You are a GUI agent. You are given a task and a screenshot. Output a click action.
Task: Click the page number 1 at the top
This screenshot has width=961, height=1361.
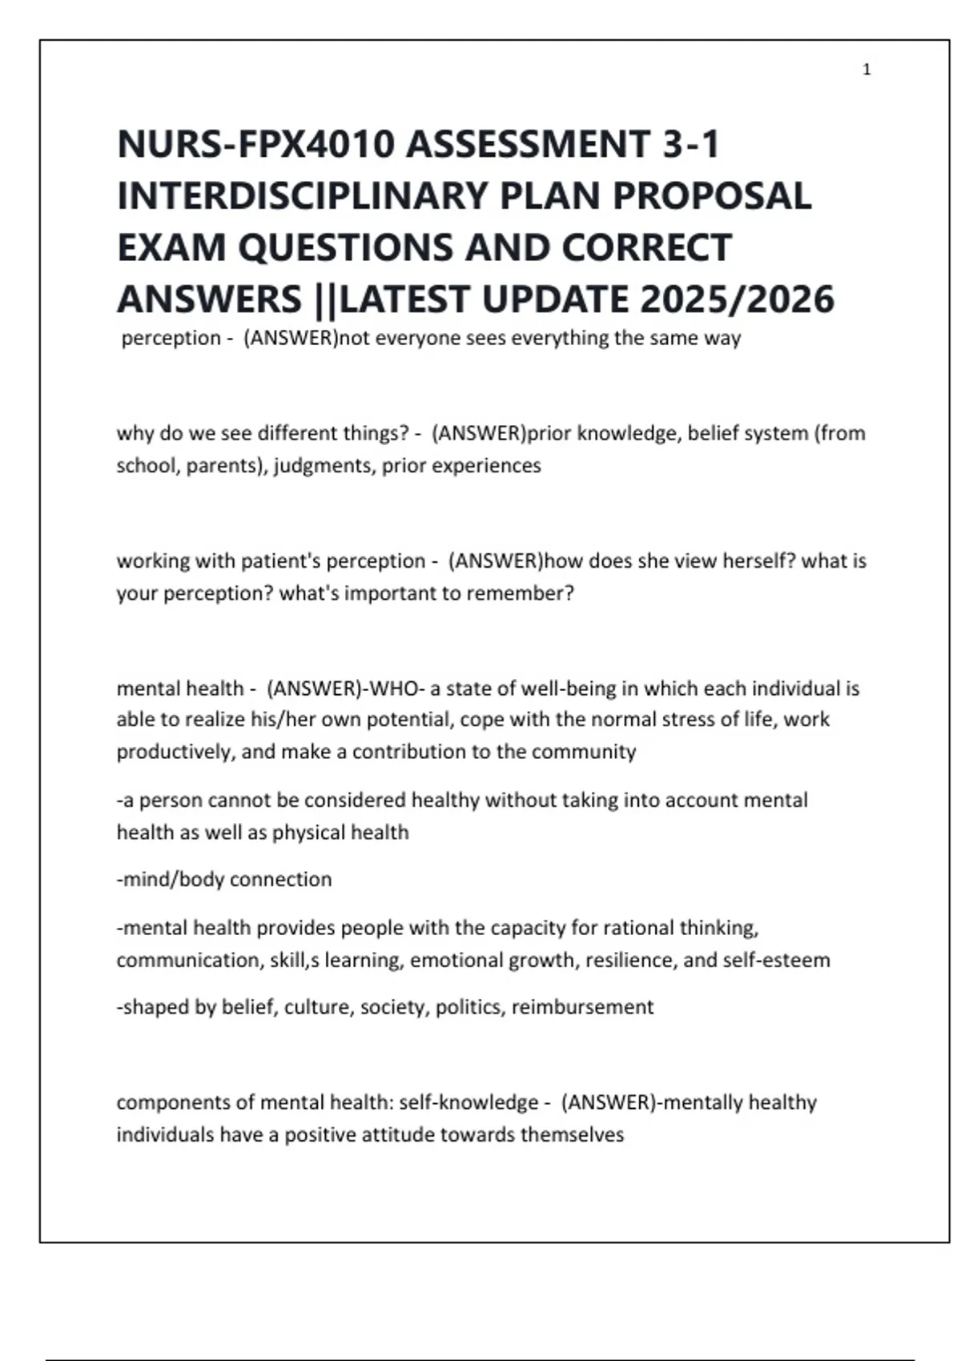point(867,70)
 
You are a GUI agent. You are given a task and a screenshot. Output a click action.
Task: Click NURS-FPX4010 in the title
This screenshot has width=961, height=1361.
point(256,145)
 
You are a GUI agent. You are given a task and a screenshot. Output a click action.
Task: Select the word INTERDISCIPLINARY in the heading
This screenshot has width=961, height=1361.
point(303,196)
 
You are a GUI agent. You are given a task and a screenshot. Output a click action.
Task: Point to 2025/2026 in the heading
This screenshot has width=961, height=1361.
point(737,299)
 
